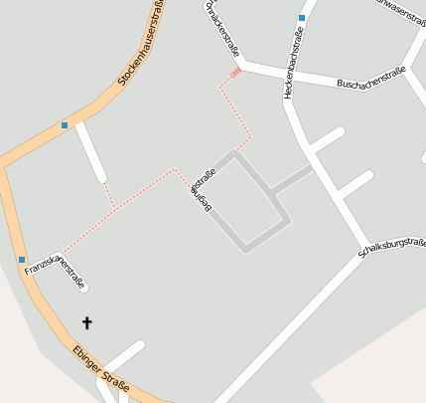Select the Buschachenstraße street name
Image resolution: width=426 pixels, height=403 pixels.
click(x=369, y=79)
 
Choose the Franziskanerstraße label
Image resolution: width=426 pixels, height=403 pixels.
click(x=56, y=270)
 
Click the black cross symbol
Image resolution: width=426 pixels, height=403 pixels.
click(x=86, y=322)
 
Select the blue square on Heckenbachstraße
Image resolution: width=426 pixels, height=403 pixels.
click(x=301, y=18)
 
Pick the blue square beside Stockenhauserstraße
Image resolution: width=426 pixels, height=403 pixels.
click(x=65, y=125)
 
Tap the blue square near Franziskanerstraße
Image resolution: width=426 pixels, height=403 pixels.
click(x=22, y=260)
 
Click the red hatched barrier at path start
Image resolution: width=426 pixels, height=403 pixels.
click(x=235, y=72)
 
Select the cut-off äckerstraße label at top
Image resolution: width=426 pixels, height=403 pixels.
click(x=220, y=27)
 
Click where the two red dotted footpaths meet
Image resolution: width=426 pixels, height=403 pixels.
click(x=116, y=208)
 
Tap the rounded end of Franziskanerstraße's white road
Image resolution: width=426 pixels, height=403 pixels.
click(x=84, y=289)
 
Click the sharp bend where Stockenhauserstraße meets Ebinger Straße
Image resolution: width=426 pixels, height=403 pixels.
click(x=5, y=165)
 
